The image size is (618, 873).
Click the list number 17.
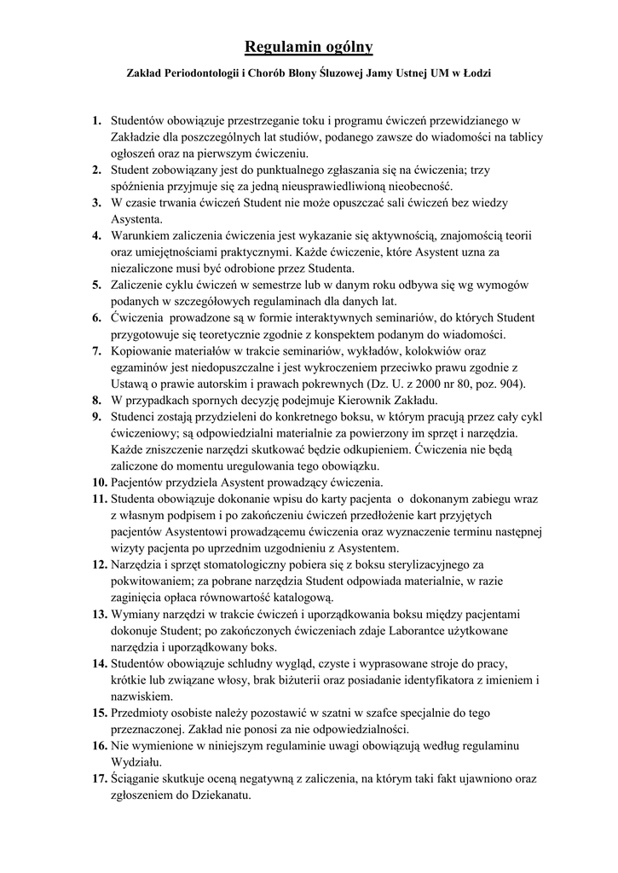tap(99, 778)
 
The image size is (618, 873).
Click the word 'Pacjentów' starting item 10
tap(140, 482)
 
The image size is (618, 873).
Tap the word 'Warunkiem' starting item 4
tap(142, 235)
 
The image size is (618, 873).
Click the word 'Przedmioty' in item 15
tap(143, 713)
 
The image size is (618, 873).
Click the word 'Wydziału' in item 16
tap(136, 762)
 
